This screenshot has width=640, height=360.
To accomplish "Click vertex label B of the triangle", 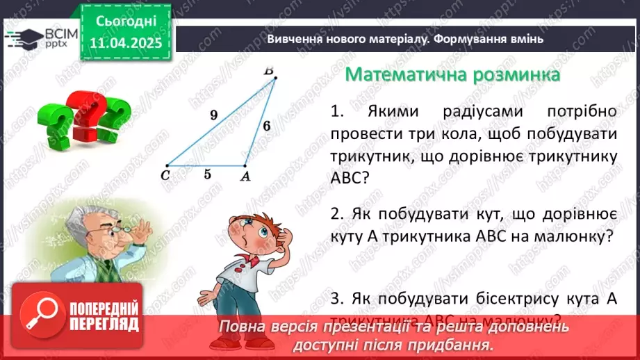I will point(269,70).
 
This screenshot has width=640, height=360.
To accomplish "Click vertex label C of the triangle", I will point(165,175).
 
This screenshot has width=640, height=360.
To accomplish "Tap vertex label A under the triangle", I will point(245,177).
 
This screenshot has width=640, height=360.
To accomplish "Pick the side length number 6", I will point(265,126).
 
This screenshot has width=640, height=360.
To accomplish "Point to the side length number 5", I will point(207,174).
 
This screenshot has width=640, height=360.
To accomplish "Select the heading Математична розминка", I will point(453,74).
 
